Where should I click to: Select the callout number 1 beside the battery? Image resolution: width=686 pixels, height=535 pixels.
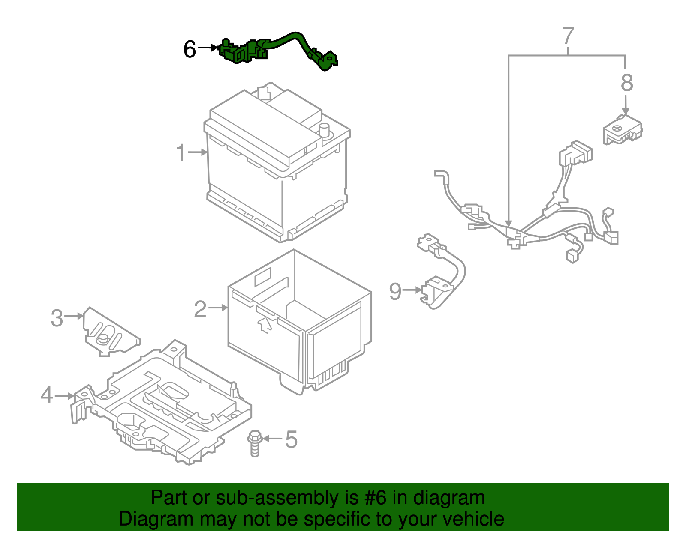pos(181,152)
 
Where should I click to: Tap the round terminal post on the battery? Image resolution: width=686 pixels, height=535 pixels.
pos(325,130)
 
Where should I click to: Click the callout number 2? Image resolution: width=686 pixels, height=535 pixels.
pos(200,308)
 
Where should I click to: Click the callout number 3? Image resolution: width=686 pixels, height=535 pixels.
pos(57,318)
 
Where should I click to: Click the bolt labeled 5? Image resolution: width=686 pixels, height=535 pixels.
pos(254,443)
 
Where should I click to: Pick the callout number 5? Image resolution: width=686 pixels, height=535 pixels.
pos(291,439)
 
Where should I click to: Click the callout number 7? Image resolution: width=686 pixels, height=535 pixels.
pos(568,36)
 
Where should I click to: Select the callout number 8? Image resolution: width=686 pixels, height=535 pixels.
pos(626,83)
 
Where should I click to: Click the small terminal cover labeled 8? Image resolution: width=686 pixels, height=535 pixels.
pos(622,129)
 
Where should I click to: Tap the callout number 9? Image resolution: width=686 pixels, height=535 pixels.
pos(395,291)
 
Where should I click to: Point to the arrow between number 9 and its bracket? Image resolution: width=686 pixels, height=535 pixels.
pos(413,290)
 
